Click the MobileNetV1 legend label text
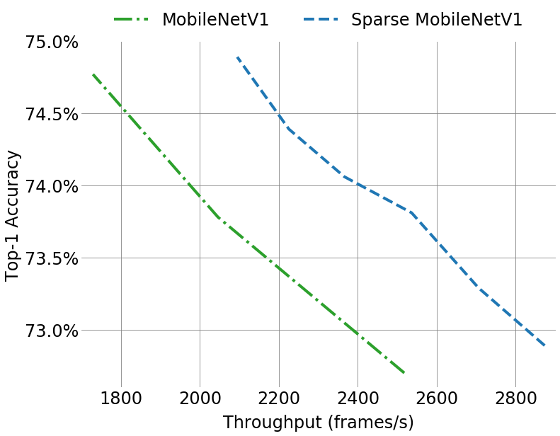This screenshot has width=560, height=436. coord(215,20)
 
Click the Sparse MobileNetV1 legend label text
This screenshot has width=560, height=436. coord(436,20)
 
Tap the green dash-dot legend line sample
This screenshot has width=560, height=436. coord(132,19)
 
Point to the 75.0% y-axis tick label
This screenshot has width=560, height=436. coord(52,42)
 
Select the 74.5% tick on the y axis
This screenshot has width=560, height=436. coord(52,114)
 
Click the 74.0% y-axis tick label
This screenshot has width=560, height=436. coord(52,186)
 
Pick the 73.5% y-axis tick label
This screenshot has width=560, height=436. coord(52,258)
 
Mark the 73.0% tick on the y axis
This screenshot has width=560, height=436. coord(52,331)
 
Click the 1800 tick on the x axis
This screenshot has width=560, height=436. coord(121,397)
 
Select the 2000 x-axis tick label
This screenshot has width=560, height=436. coord(200,397)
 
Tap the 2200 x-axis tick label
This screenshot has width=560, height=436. coord(279,397)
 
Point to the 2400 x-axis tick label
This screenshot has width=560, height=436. coord(358,397)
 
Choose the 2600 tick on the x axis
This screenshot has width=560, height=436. coord(437,397)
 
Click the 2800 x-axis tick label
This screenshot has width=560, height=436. coord(515,397)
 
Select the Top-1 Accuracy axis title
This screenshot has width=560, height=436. coord(13,215)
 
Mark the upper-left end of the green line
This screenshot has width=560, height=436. coord(93,74)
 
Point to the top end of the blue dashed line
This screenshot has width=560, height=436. coord(237,57)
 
